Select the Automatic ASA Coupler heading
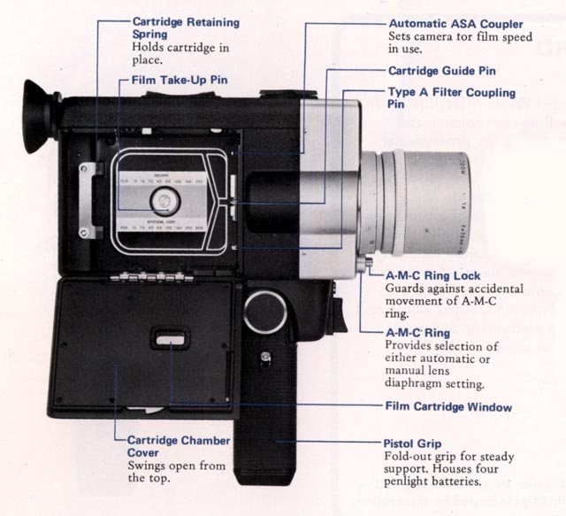456,22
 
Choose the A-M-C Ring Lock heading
433,276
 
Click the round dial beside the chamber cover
266,311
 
